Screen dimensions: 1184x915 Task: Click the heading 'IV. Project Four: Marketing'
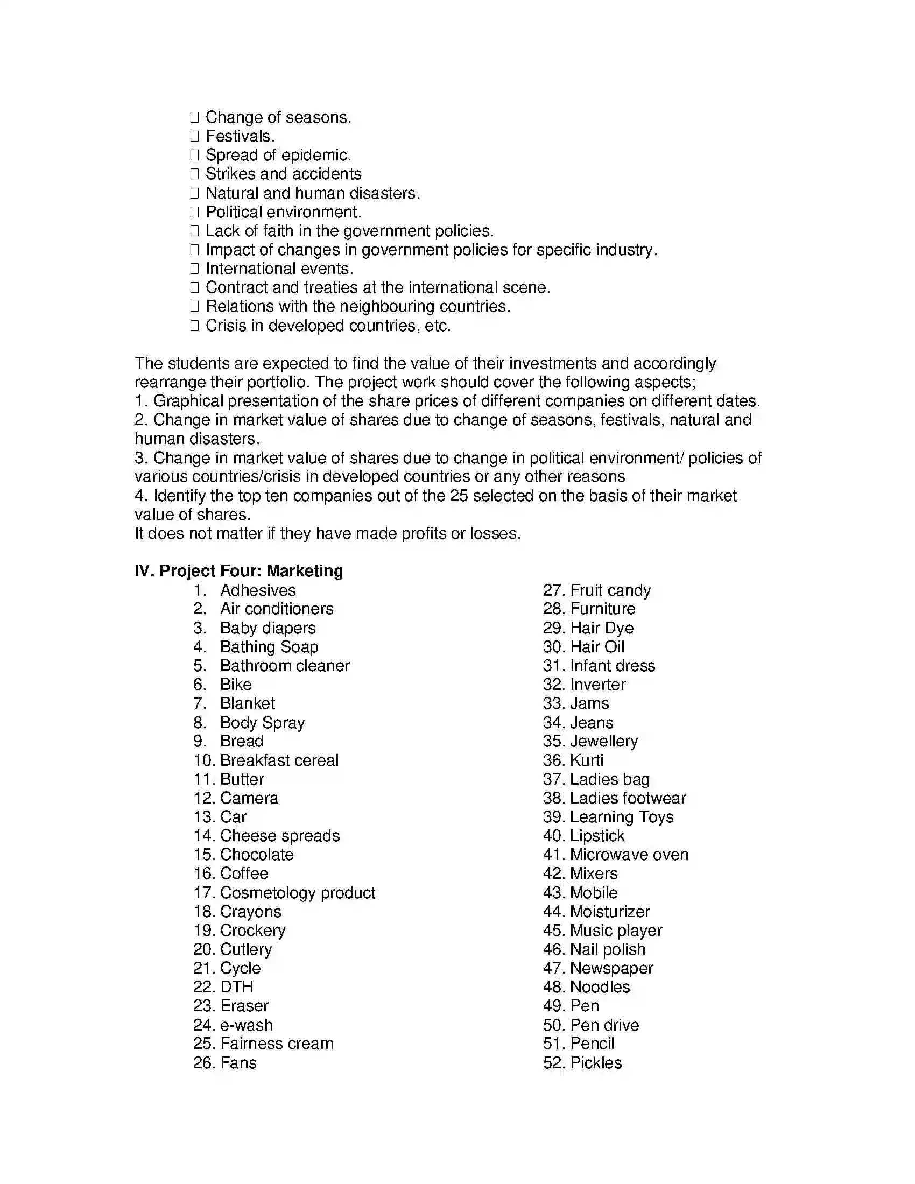[x=238, y=571]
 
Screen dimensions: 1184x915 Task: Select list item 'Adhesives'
[x=257, y=590]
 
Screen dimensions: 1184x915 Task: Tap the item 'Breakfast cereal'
[x=279, y=760]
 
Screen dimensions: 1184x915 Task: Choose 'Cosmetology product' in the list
[x=297, y=892]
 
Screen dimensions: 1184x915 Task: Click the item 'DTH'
[x=236, y=986]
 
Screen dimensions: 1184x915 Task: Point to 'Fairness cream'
[x=277, y=1044]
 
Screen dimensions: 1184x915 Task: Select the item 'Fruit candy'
[x=610, y=590]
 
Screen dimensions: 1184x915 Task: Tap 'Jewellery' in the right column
[x=603, y=741]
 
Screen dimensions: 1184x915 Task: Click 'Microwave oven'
[x=629, y=855]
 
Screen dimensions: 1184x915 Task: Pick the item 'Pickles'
[x=596, y=1062]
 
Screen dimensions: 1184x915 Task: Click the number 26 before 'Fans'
[x=203, y=1062]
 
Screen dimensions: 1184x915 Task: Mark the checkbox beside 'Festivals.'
[x=195, y=136]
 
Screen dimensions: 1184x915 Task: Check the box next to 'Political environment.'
[x=195, y=212]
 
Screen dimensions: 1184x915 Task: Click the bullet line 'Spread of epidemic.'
[x=278, y=155]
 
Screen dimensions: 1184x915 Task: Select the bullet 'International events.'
[x=279, y=269]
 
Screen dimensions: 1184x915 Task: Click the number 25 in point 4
[x=459, y=496]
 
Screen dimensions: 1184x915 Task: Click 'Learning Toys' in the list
[x=621, y=816]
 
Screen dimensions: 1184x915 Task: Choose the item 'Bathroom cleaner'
[x=285, y=665]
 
